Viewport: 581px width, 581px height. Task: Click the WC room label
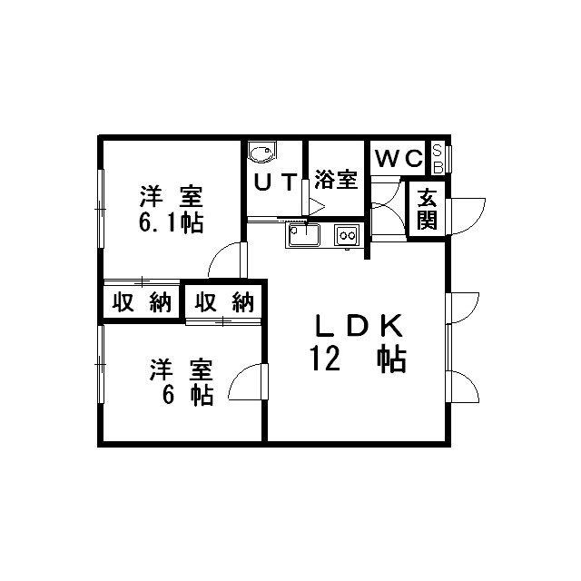point(399,158)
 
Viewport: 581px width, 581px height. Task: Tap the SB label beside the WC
point(438,159)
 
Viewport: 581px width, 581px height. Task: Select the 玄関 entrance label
point(427,210)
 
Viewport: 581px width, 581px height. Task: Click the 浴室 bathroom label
point(336,180)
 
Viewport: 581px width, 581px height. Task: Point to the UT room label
point(275,182)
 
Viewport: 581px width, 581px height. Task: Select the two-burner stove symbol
point(347,235)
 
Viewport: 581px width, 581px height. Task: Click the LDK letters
point(359,326)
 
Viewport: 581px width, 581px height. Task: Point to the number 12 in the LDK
point(326,358)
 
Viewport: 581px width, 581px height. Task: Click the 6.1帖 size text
point(172,223)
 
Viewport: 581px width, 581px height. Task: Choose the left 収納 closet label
point(142,302)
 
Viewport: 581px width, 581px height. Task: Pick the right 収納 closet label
point(224,302)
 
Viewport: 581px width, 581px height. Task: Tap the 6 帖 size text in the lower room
point(188,396)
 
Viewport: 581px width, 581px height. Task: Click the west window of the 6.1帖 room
point(101,209)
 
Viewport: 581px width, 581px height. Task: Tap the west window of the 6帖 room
point(101,364)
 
